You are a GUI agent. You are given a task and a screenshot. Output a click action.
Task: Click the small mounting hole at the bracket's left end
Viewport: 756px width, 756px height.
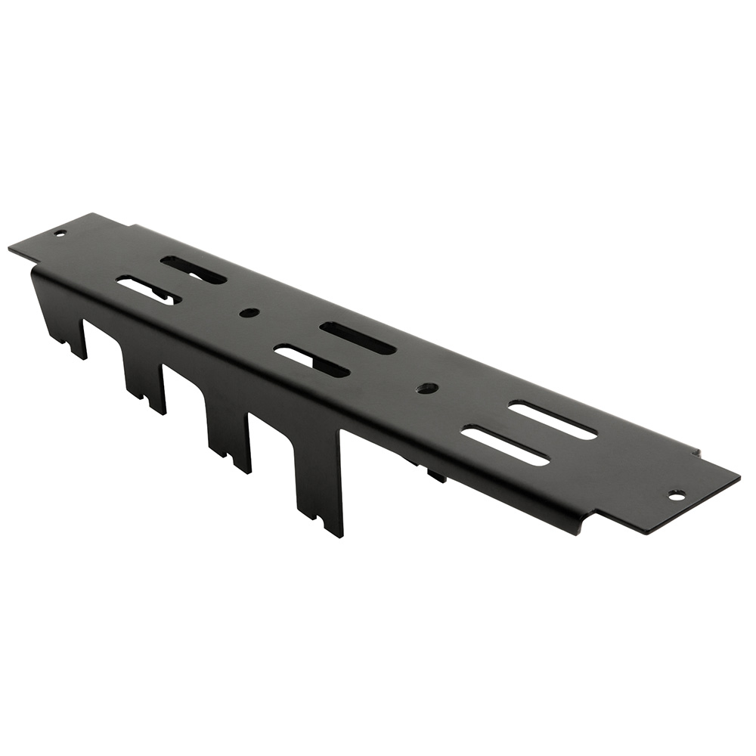click(60, 233)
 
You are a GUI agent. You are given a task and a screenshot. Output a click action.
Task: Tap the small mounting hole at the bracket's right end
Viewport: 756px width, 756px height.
click(677, 495)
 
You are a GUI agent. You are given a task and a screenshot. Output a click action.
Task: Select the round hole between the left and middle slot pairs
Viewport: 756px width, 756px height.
click(249, 312)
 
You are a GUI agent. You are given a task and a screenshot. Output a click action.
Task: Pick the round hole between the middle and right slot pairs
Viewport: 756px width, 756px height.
click(427, 388)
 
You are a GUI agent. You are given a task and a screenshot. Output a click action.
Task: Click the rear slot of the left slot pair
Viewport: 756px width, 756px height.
click(194, 270)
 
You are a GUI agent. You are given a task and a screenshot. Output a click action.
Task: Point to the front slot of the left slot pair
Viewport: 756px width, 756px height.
click(148, 290)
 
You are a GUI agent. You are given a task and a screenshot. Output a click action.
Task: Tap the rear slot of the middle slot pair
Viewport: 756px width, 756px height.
click(358, 338)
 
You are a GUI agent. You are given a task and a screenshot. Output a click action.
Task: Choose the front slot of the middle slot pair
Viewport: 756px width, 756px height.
click(311, 361)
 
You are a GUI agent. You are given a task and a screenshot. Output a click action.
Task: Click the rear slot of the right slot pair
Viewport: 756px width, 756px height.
click(552, 420)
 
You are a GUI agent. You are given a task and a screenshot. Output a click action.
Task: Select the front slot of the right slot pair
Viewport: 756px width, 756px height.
click(504, 446)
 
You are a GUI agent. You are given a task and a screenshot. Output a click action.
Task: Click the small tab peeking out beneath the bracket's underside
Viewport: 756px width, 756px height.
click(436, 476)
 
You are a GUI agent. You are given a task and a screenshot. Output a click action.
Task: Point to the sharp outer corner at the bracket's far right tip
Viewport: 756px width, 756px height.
click(738, 477)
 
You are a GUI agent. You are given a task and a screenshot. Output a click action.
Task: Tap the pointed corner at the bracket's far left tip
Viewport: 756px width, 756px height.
click(10, 248)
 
